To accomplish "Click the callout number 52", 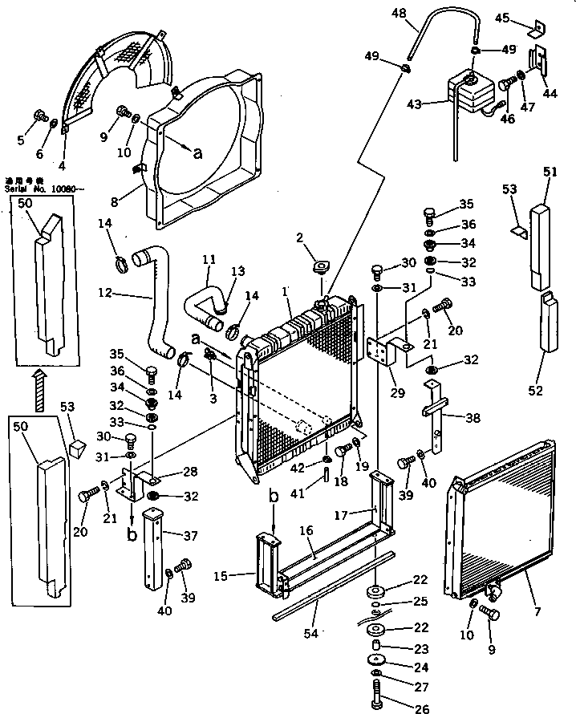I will [535, 391].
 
